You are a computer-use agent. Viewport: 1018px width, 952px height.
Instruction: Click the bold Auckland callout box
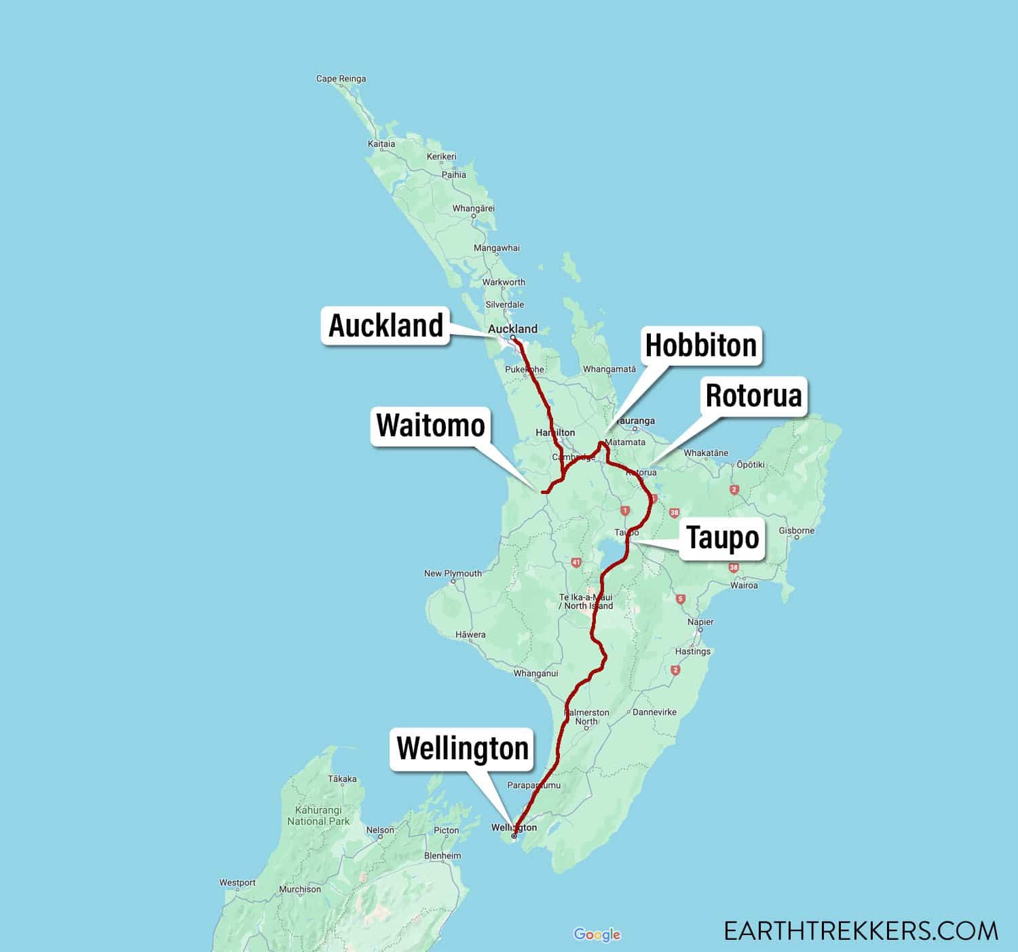(x=385, y=326)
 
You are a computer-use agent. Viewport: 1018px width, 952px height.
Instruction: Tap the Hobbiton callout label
(x=700, y=345)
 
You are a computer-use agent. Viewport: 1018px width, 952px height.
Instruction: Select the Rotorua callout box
(x=753, y=396)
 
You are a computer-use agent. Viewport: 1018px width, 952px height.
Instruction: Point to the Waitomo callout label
(x=430, y=425)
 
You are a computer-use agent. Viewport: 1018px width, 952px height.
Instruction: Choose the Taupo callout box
(x=723, y=537)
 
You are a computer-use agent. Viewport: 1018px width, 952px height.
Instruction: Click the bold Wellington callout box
(x=462, y=748)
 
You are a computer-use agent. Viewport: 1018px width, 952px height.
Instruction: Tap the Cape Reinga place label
(x=341, y=79)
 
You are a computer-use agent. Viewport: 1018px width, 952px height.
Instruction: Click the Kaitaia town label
(x=381, y=144)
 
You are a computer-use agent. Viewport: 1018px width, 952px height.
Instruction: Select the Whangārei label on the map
(x=474, y=208)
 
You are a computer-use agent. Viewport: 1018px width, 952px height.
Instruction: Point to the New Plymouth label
(x=453, y=573)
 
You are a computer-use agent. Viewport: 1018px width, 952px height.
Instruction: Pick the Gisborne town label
(x=796, y=531)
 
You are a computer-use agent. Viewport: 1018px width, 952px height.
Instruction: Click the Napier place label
(x=700, y=622)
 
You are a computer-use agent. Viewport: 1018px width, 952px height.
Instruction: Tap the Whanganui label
(x=535, y=674)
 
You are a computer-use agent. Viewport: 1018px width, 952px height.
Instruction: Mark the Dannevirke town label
(x=654, y=712)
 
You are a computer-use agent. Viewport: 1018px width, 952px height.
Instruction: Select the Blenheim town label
(x=442, y=856)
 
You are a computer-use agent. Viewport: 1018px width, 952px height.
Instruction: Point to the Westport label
(x=238, y=883)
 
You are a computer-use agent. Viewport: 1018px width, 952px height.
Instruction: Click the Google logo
(x=597, y=934)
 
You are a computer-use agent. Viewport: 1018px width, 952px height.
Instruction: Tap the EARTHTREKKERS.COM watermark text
(x=861, y=930)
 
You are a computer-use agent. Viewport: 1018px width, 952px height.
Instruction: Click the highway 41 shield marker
(x=576, y=562)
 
